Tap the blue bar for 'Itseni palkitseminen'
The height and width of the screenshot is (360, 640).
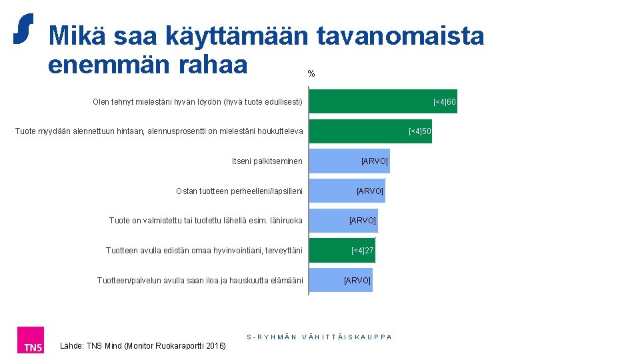(333, 161)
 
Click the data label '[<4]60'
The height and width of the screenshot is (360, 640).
(444, 101)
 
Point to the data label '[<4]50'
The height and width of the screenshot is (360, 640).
(419, 131)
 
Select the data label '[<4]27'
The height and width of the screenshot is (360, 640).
(363, 251)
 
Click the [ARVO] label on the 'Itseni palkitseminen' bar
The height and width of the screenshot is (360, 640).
(374, 161)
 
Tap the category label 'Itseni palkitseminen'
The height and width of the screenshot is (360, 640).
(267, 161)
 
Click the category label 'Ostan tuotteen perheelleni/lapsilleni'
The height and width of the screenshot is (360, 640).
(239, 191)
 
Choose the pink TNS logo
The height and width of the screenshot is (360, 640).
(31, 340)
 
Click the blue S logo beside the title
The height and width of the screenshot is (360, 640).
(24, 29)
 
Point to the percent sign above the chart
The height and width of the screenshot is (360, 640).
(311, 74)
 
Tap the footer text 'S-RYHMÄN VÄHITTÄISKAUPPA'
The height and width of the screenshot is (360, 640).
(319, 337)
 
